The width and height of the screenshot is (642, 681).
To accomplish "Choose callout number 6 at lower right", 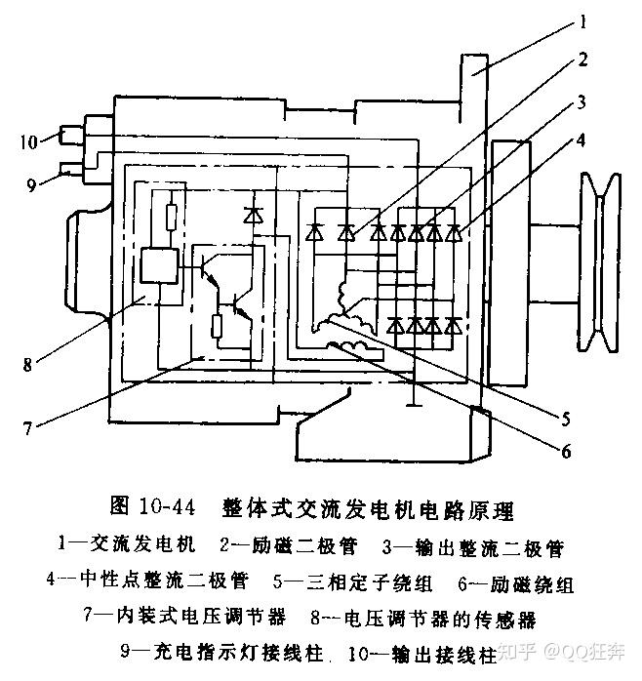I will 565,450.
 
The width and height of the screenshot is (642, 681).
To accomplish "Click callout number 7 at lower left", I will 26,426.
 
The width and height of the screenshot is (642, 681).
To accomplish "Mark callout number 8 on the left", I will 27,365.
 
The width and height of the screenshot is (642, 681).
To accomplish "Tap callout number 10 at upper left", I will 28,142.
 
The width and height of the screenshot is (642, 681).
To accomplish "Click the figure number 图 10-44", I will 155,507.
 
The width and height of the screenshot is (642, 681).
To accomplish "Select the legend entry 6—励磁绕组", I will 516,582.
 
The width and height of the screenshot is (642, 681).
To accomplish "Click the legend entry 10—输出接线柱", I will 424,653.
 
